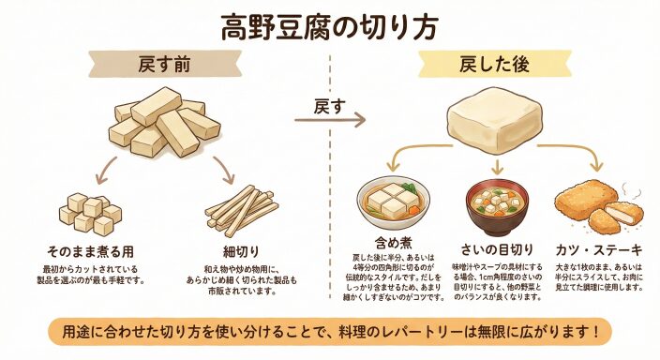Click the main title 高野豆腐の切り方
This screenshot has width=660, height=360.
click(x=330, y=27)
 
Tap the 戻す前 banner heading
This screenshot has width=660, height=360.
click(x=164, y=65)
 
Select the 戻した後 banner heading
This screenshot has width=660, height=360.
click(x=494, y=65)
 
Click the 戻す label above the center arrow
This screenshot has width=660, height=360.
click(x=329, y=107)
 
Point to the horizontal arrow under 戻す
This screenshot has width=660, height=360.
click(x=330, y=120)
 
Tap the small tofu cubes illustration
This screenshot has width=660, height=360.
click(x=90, y=214)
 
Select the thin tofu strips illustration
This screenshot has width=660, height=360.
click(x=241, y=210)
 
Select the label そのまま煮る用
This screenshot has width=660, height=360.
click(x=90, y=252)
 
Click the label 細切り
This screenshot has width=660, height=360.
click(x=241, y=252)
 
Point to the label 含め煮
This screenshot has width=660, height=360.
click(x=394, y=243)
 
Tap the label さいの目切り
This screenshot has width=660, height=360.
click(x=497, y=249)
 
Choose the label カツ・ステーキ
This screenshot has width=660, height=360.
click(x=599, y=250)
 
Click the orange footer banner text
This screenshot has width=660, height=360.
click(x=330, y=332)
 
